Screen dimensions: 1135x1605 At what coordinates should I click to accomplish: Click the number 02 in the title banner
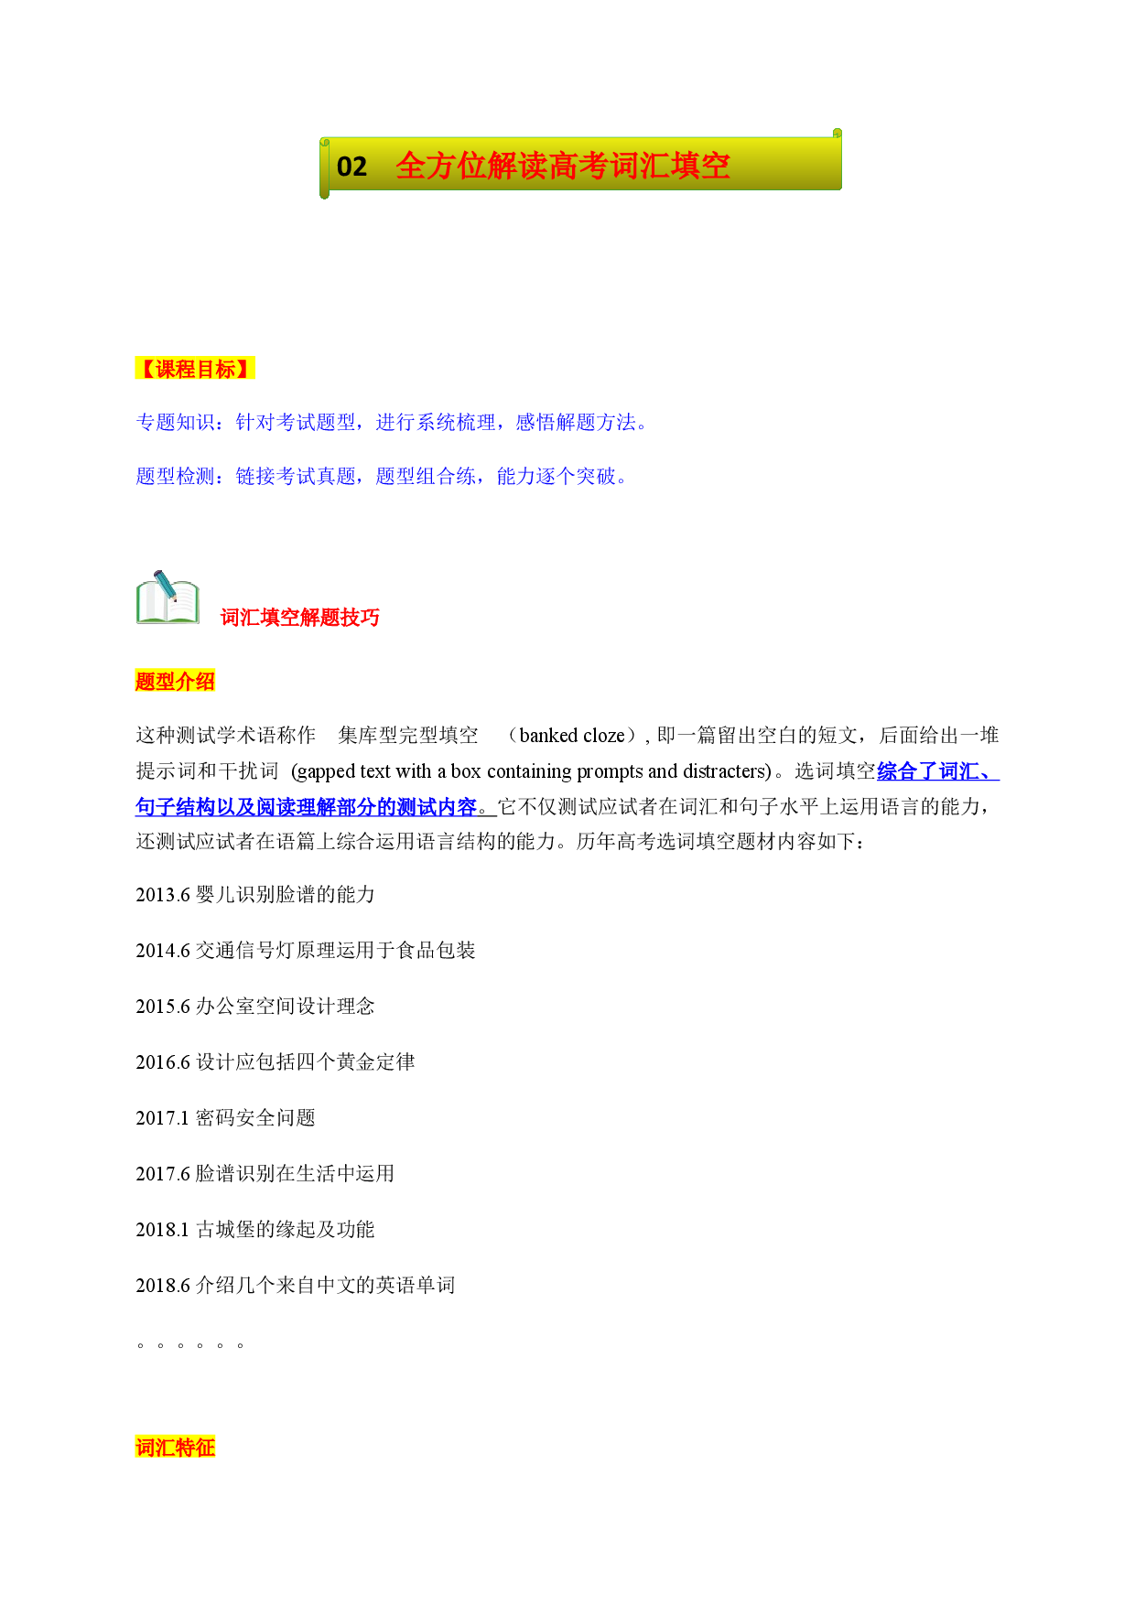[x=351, y=167]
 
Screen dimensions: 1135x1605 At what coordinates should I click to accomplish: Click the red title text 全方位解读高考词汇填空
[x=563, y=166]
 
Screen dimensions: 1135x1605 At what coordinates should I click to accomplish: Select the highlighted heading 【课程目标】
[x=195, y=369]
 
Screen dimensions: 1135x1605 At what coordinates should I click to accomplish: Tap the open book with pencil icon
[x=168, y=598]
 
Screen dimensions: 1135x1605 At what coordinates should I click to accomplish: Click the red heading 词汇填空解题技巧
[x=300, y=618]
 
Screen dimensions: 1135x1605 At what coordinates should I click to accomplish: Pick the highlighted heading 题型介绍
[x=175, y=681]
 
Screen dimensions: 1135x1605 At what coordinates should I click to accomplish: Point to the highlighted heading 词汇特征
[x=175, y=1448]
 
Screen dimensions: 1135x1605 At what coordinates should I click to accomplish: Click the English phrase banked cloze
[x=572, y=736]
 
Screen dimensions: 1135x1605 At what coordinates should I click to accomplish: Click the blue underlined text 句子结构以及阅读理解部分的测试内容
[x=307, y=807]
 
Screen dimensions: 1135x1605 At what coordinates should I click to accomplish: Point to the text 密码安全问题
[x=255, y=1118]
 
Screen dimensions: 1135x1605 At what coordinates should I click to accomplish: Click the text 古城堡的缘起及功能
[x=286, y=1230]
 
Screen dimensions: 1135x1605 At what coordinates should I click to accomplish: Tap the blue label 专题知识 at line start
[x=176, y=423]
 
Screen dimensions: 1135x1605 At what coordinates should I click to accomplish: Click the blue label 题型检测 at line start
[x=176, y=477]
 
